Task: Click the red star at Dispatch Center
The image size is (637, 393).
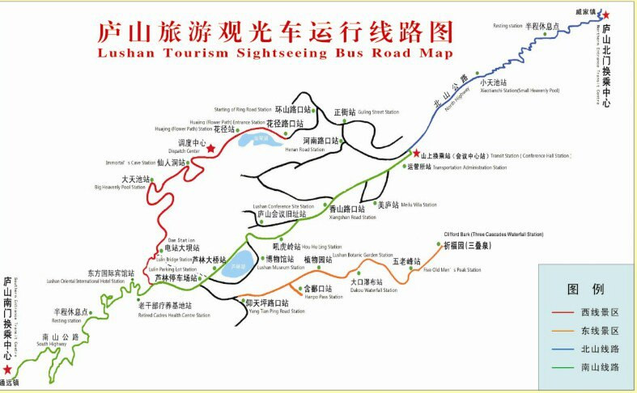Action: [x=211, y=149]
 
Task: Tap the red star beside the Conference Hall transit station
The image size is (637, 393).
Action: [x=416, y=154]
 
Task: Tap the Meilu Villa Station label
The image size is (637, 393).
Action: [x=418, y=205]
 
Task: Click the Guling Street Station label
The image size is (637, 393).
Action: [x=380, y=112]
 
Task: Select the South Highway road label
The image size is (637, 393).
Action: [x=51, y=344]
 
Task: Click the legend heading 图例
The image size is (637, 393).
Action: [x=586, y=289]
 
